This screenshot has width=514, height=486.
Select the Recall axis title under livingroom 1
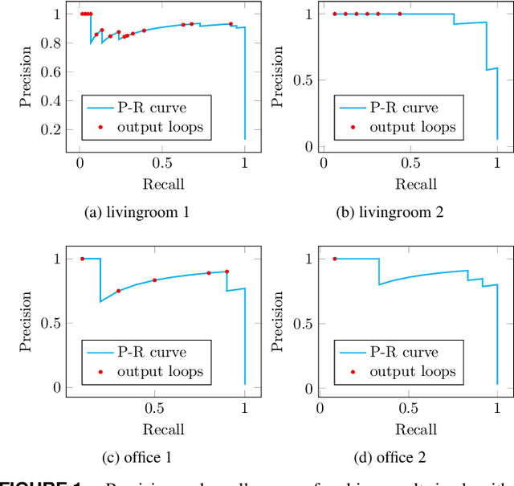[x=164, y=184]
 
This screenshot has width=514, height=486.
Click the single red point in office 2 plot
[x=335, y=259]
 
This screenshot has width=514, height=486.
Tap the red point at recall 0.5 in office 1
[x=154, y=280]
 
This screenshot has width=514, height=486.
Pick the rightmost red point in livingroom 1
[x=230, y=24]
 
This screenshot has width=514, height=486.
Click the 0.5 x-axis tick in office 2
[x=411, y=408]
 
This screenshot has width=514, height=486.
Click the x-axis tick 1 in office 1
[x=245, y=408]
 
